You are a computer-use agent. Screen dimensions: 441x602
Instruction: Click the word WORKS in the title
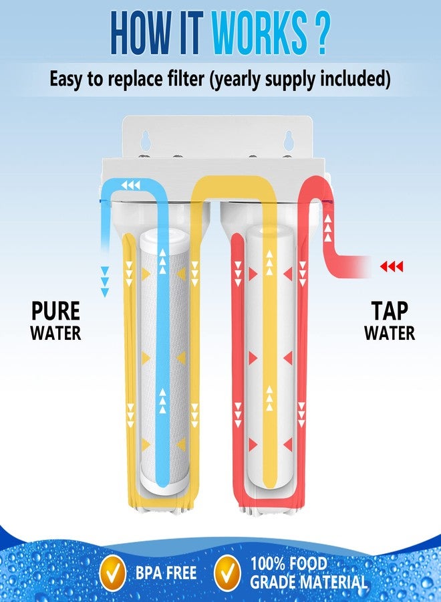[x=260, y=33]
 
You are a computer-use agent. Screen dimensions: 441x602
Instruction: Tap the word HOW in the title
[x=140, y=33]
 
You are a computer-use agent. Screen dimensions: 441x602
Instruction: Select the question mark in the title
[x=321, y=33]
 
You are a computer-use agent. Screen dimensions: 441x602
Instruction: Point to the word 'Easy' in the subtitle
[x=65, y=79]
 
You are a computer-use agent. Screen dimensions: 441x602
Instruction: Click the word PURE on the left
[x=55, y=311]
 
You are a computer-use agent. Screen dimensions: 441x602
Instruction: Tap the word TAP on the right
[x=389, y=310]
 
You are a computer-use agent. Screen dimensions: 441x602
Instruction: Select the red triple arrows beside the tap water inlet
[x=392, y=266]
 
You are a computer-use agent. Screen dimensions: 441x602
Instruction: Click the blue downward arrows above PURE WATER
[x=104, y=282]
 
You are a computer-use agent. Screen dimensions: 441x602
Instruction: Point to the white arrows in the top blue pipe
[x=131, y=186]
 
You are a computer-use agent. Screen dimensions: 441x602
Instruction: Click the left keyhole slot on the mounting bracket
[x=146, y=140]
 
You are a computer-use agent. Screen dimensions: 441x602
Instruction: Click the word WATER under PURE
[x=55, y=332]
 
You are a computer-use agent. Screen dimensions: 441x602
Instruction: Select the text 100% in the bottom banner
[x=268, y=564]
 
